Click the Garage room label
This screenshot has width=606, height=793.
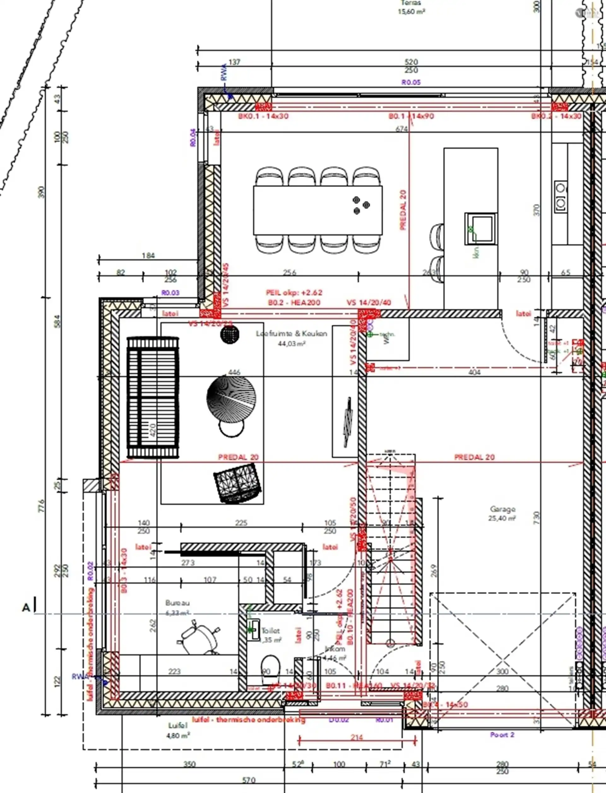[x=502, y=510]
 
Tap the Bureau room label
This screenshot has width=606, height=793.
[x=177, y=603]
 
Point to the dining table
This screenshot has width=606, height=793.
[x=318, y=210]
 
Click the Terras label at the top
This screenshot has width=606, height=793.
[x=411, y=3]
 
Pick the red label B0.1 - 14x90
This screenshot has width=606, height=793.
[x=411, y=116]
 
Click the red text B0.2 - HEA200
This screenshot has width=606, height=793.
[x=294, y=303]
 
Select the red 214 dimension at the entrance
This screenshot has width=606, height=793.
[x=356, y=737]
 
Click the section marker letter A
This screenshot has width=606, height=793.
[x=26, y=608]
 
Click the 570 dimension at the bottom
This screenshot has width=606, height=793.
[x=248, y=780]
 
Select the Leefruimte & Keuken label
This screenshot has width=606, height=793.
[x=291, y=334]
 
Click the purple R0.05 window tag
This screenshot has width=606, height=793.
[x=411, y=82]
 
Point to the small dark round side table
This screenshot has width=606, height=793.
[x=230, y=334]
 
